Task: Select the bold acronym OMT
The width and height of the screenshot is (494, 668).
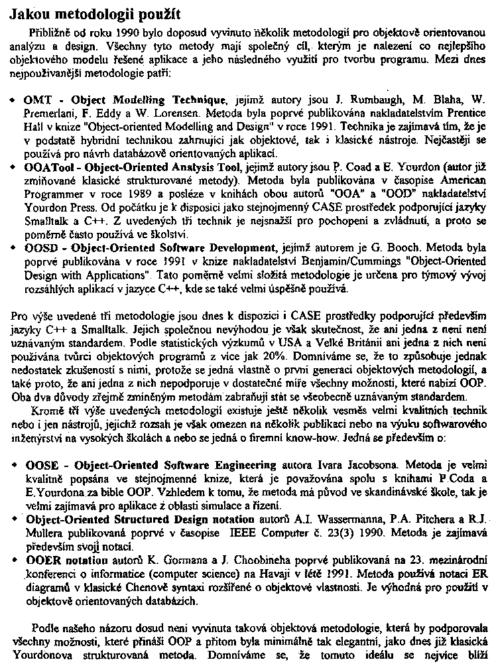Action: pos(35,100)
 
